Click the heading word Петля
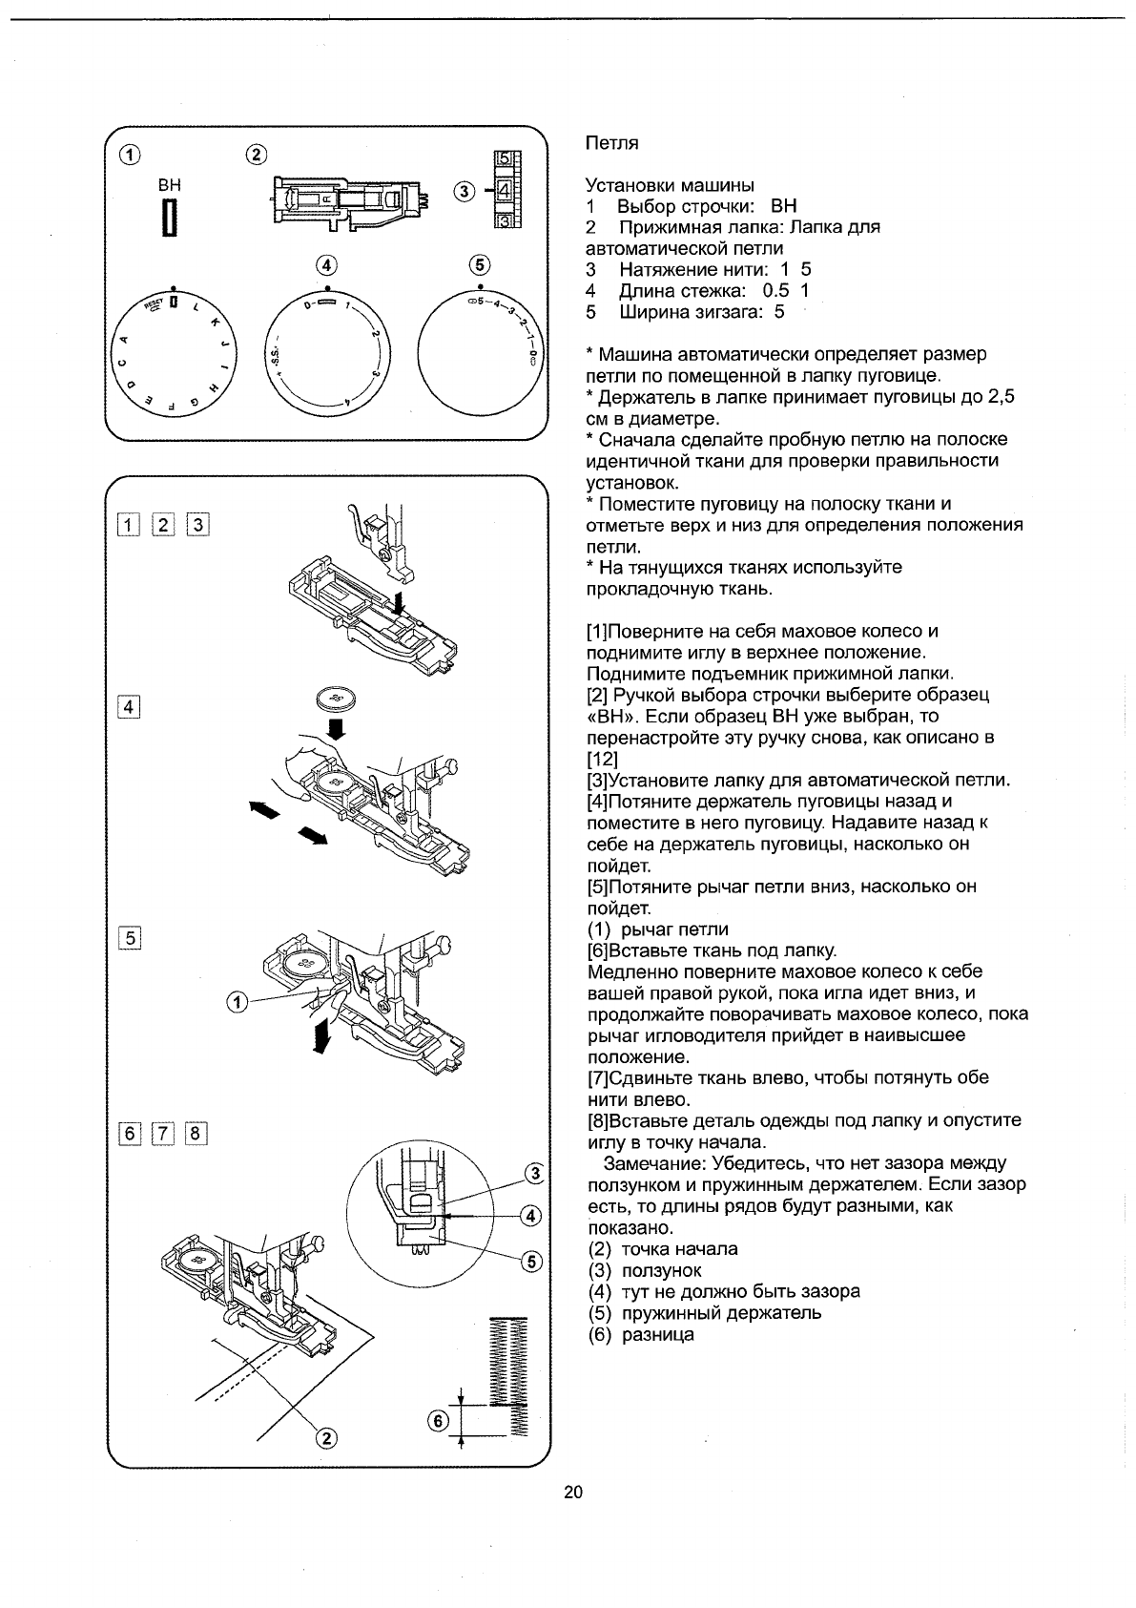610,143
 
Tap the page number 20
572,1493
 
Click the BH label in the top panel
169,185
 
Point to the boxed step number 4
128,707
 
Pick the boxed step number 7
162,1134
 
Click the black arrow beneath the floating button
335,730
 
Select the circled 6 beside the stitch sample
438,1420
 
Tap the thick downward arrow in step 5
324,1034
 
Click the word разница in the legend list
657,1334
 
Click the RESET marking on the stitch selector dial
154,304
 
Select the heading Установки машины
669,185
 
